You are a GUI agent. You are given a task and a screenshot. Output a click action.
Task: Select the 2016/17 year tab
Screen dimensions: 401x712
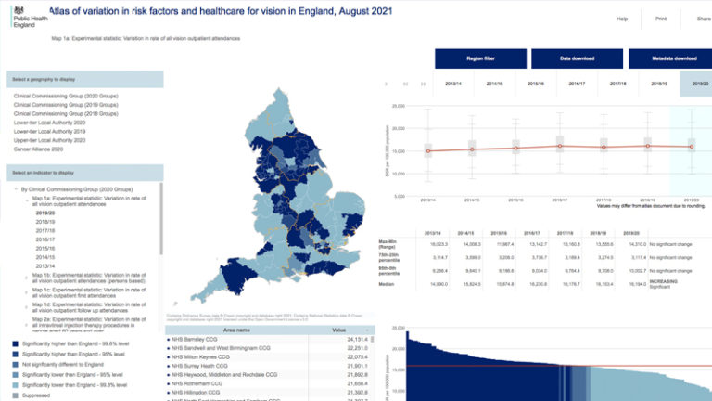coord(577,84)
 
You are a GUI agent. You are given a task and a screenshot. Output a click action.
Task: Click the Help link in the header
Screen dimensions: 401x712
coord(622,19)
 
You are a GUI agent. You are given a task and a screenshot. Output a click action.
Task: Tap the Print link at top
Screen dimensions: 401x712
coord(660,19)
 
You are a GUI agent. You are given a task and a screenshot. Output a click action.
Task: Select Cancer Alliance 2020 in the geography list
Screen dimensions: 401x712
coord(38,149)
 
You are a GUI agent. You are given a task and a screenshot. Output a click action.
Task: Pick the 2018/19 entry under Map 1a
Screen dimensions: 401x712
coord(45,222)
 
